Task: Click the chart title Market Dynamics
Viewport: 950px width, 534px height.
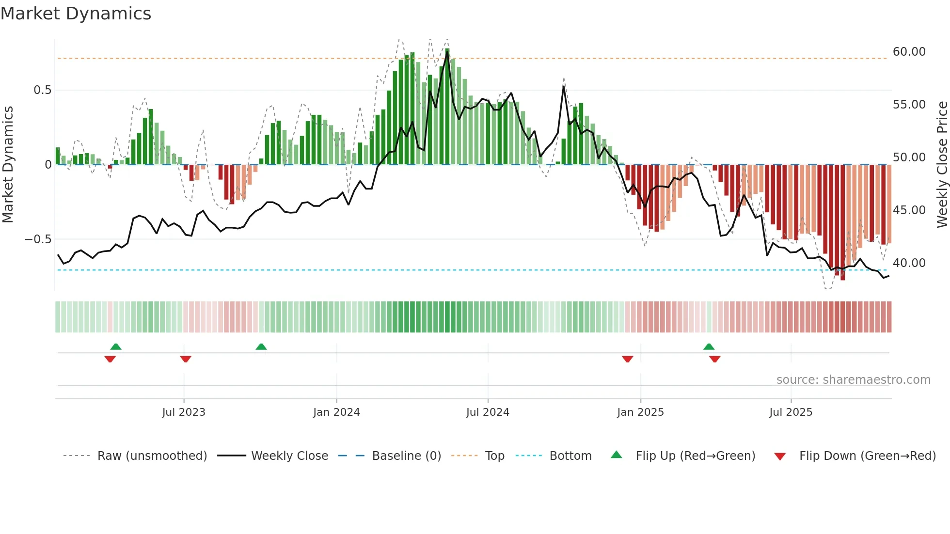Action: tap(76, 14)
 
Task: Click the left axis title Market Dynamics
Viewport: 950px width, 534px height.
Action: tap(8, 164)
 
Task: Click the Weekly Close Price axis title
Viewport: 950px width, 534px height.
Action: tap(942, 164)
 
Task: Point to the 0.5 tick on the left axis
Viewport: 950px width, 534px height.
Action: tap(42, 90)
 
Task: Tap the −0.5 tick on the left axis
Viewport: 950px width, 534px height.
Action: tap(38, 239)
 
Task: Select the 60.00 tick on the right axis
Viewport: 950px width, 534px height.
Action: tap(909, 52)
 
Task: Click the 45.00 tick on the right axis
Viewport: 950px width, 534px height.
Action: tap(909, 210)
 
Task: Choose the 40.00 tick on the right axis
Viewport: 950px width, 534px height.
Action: tap(909, 263)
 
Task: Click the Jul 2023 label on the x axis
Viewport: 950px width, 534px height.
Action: tap(184, 412)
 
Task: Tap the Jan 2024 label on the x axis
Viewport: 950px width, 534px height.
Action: tap(336, 412)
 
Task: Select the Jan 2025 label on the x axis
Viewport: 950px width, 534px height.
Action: tap(640, 412)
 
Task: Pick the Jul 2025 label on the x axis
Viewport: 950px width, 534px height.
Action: tap(791, 412)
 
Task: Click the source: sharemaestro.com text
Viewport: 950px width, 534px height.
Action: tap(853, 380)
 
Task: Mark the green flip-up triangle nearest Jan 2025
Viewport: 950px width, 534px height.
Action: tap(709, 346)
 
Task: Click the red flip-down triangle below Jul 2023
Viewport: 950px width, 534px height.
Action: tap(186, 359)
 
